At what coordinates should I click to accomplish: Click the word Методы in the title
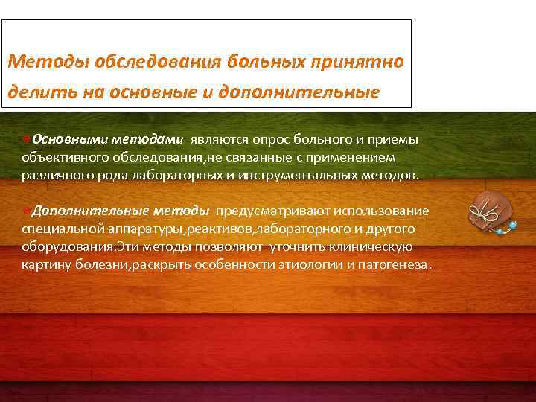point(36,62)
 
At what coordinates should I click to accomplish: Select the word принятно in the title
point(366,62)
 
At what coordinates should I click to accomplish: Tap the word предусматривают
point(273,211)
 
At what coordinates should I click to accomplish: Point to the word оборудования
point(63,247)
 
